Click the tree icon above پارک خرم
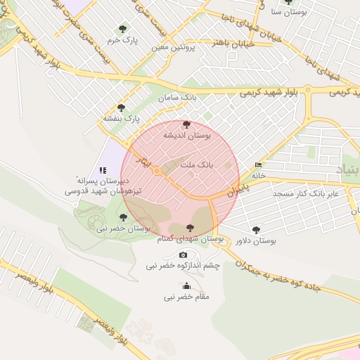(123, 29)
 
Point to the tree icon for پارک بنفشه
(122, 108)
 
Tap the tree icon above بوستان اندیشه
(186, 124)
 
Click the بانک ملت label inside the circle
(197, 164)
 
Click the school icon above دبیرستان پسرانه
(103, 169)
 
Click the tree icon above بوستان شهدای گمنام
(190, 228)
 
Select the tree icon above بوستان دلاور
(256, 229)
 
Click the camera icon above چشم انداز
(184, 255)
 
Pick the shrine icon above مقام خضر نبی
(186, 285)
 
